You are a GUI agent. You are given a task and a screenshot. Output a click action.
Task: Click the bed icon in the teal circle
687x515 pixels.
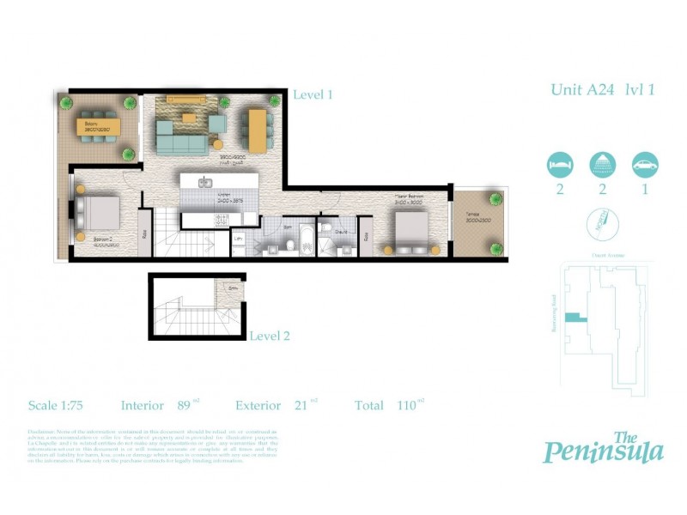pyautogui.click(x=560, y=164)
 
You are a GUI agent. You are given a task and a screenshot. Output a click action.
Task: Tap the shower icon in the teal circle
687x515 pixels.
pyautogui.click(x=602, y=164)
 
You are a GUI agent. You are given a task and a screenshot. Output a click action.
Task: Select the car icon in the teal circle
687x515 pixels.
pyautogui.click(x=644, y=164)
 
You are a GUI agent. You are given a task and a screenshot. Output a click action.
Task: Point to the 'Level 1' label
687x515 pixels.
pyautogui.click(x=313, y=95)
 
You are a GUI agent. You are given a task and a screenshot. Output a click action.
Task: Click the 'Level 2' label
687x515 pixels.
pyautogui.click(x=270, y=336)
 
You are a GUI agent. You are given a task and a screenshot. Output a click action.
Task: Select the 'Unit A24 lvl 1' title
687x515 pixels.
pyautogui.click(x=602, y=89)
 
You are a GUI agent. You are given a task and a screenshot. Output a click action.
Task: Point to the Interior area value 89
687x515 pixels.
pyautogui.click(x=183, y=406)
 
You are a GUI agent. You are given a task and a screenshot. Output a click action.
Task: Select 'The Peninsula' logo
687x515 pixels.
pyautogui.click(x=603, y=446)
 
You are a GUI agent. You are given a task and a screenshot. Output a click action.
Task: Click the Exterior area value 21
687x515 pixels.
pyautogui.click(x=301, y=406)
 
